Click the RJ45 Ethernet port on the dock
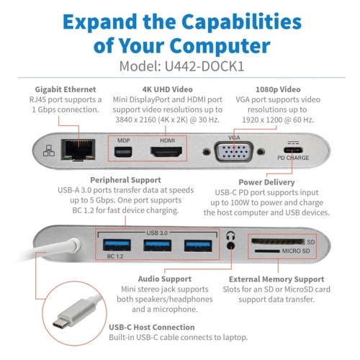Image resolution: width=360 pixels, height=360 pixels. (78, 150)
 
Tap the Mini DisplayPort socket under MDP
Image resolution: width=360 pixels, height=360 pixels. (123, 153)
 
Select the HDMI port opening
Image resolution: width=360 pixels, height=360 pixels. (166, 152)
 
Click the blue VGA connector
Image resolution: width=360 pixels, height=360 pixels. (234, 152)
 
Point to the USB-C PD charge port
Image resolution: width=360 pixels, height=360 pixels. (293, 150)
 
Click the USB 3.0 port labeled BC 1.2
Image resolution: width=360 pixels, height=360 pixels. (117, 246)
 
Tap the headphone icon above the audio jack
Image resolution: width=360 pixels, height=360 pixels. (230, 235)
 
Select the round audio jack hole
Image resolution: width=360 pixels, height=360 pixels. (230, 246)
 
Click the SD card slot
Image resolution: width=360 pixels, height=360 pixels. (278, 241)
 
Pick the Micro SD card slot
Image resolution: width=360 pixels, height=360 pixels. (267, 251)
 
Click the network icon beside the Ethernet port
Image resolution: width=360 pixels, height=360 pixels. (49, 150)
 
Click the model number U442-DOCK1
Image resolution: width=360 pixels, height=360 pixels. (204, 66)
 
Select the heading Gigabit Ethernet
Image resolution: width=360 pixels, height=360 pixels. (66, 89)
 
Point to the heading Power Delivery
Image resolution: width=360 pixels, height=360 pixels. (266, 182)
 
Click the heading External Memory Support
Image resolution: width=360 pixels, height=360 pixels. (276, 279)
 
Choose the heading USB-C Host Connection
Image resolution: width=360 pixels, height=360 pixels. (152, 327)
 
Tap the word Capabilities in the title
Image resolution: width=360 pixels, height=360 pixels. (241, 23)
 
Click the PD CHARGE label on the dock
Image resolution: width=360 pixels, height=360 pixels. (293, 158)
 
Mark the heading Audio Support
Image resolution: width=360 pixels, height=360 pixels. (165, 279)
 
